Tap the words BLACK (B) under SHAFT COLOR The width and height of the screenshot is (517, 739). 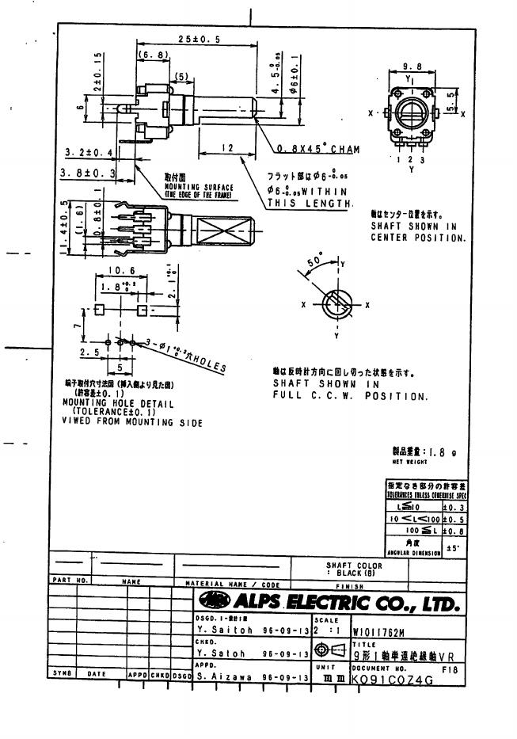coord(354,573)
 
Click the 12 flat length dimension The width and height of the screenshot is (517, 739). coord(226,148)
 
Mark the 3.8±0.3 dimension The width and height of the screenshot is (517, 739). coord(89,171)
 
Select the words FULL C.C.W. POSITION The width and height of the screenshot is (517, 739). coord(350,395)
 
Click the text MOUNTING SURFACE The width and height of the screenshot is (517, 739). coord(194,187)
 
